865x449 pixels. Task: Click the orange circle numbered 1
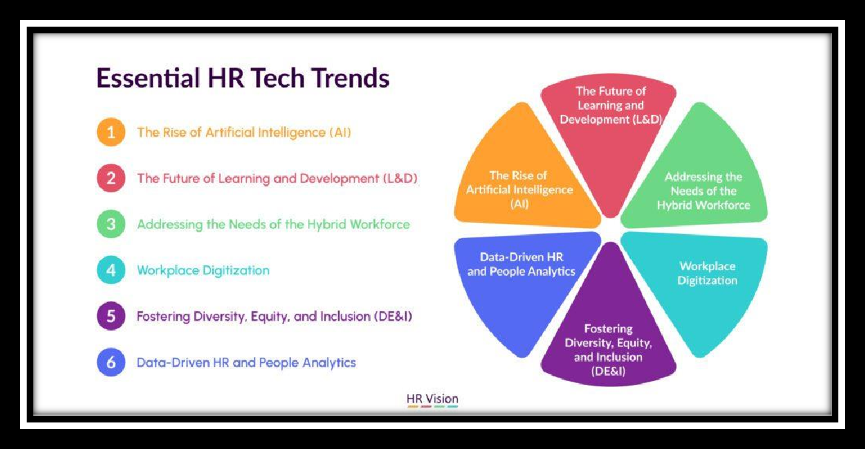tap(111, 132)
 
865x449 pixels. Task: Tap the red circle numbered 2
tap(111, 178)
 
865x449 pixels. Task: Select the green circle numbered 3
tap(111, 224)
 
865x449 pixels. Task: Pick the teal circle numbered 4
tap(111, 270)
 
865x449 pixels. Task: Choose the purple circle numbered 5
tap(111, 316)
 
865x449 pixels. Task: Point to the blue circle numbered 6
tap(111, 362)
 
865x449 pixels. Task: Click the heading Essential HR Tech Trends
tap(243, 78)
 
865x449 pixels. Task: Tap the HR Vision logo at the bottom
tap(432, 400)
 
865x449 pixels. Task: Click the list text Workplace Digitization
tap(203, 270)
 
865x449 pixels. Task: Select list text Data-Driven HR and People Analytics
tap(246, 363)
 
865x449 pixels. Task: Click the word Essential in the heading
tap(148, 78)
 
